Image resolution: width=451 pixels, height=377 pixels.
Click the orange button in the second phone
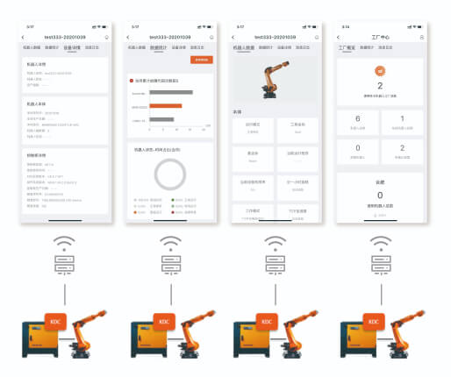click(202, 60)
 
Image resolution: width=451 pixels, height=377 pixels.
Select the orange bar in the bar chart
click(156, 106)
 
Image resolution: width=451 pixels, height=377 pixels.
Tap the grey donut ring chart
click(168, 174)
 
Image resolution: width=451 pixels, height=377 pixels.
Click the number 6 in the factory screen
click(357, 118)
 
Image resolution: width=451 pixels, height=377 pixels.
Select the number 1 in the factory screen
click(403, 118)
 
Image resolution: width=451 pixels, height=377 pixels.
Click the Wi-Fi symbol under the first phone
click(64, 241)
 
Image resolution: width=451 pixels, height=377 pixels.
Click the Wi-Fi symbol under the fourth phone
click(380, 241)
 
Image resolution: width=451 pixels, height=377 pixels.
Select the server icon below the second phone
click(169, 264)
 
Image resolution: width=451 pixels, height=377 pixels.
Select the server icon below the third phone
click(275, 264)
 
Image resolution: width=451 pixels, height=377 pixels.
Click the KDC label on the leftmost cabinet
click(56, 322)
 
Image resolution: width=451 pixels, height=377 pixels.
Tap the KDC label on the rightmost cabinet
click(372, 322)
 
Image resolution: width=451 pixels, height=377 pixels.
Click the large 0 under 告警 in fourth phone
click(380, 196)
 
